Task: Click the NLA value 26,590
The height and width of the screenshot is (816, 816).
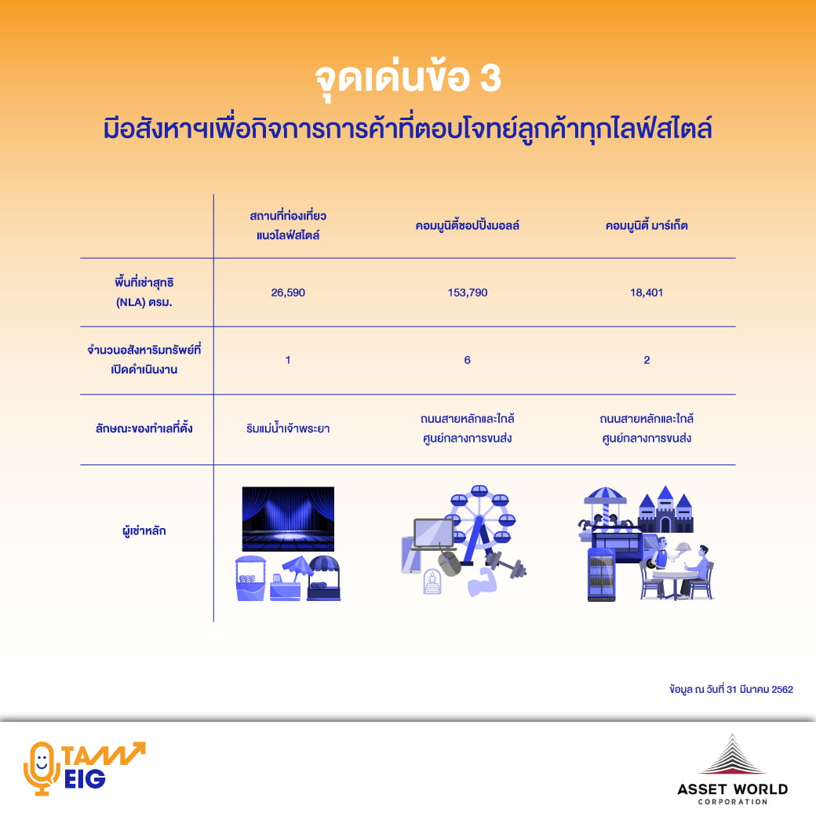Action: click(x=288, y=293)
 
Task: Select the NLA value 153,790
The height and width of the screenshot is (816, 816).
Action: click(x=468, y=293)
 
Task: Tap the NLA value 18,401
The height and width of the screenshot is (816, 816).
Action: click(x=647, y=293)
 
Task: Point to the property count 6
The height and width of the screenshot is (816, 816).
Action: click(x=468, y=360)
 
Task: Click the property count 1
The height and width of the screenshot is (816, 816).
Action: click(x=288, y=360)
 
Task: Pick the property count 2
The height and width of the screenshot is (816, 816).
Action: click(x=647, y=360)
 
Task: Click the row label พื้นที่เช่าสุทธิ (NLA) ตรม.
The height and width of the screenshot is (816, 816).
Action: click(x=144, y=292)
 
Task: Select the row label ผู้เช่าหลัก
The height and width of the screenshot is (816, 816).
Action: click(x=144, y=531)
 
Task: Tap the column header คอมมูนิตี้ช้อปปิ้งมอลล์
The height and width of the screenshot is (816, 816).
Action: click(x=468, y=225)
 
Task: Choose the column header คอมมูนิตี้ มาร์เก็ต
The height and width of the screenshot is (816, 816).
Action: click(x=647, y=225)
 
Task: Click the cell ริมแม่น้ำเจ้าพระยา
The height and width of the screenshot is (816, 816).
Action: click(x=288, y=428)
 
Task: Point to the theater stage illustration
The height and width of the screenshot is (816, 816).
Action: click(x=288, y=519)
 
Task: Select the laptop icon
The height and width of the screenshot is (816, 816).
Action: click(x=433, y=534)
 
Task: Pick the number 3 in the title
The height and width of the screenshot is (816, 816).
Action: click(x=490, y=78)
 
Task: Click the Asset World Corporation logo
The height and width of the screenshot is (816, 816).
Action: click(x=732, y=770)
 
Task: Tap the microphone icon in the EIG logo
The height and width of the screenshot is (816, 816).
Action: click(x=41, y=768)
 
